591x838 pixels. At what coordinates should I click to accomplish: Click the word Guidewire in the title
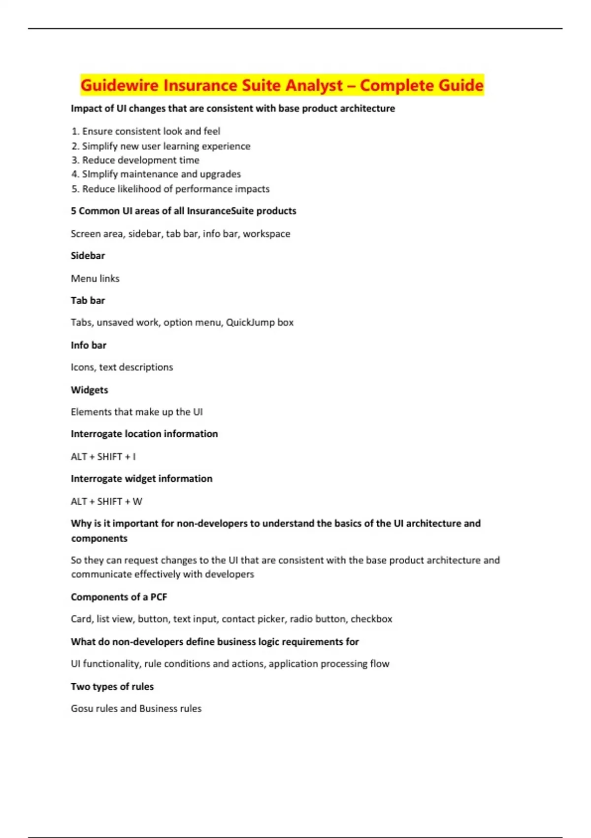tap(120, 85)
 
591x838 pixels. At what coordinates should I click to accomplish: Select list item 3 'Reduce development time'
tap(140, 160)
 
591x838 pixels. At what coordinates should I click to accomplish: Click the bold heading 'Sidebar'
tap(88, 256)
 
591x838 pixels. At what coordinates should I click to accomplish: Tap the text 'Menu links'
tap(95, 279)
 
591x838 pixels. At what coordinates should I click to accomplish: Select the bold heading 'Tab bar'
tap(88, 300)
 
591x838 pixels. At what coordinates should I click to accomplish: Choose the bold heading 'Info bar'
tap(89, 345)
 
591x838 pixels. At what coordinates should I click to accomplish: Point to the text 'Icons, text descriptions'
tap(122, 367)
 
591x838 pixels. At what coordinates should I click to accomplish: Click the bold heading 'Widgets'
tap(89, 390)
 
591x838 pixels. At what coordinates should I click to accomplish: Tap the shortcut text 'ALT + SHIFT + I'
tap(103, 456)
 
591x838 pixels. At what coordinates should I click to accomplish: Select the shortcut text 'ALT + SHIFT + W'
tap(106, 501)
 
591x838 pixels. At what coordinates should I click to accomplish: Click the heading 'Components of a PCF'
tap(119, 597)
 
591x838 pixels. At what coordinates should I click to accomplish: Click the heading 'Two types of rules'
tap(112, 687)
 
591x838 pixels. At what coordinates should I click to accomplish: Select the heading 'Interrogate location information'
tap(144, 434)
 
